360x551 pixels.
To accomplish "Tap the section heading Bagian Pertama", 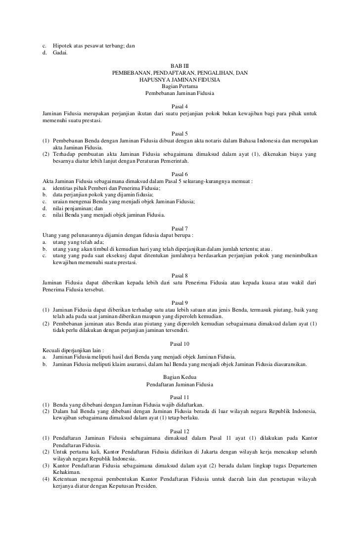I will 180,87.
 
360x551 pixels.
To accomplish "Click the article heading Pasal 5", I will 180,134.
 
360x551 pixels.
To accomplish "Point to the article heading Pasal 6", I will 180,175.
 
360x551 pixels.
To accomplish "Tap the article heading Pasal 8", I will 180,275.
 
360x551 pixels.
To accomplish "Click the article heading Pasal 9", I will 180,302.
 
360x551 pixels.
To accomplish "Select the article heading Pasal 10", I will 180,343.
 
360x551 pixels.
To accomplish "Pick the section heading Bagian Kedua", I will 180,377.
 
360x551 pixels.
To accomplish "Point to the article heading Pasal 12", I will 180,431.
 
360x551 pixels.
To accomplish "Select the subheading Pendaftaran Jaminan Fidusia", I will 180,384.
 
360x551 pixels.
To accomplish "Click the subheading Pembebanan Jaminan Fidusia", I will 180,93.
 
